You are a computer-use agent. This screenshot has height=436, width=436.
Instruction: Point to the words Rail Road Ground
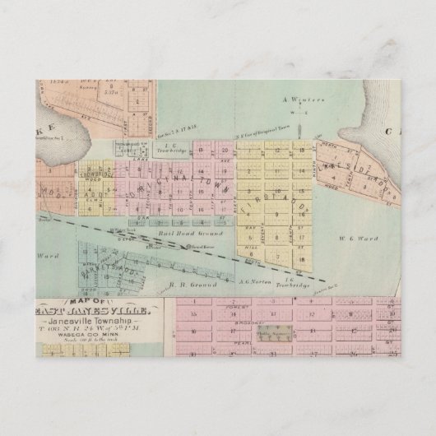(x=176, y=234)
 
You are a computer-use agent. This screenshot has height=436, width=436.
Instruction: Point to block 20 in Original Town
(x=223, y=151)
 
